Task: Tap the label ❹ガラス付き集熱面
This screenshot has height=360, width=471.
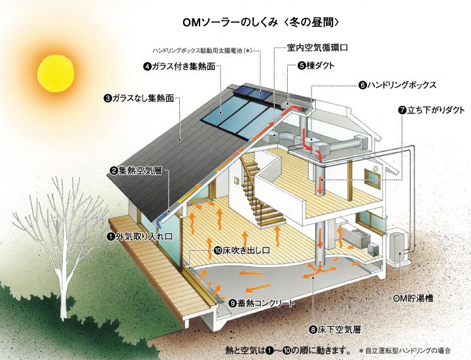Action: pos(179,66)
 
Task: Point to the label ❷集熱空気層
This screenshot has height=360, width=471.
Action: pos(139,171)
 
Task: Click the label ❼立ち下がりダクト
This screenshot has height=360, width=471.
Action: pos(431,110)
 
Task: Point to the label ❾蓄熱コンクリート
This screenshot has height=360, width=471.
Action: pos(262,304)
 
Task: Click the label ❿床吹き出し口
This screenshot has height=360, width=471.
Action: pos(242,250)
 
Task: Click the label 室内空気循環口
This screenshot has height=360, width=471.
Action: pos(317,48)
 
